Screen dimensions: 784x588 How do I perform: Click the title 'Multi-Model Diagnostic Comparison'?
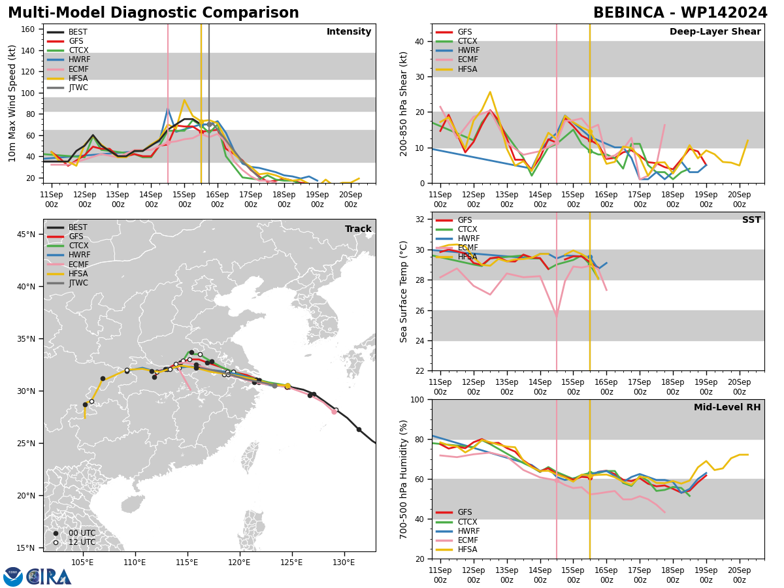[154, 13]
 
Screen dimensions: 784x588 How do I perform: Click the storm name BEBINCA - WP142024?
[680, 13]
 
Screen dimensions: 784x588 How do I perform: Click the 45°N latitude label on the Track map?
[26, 235]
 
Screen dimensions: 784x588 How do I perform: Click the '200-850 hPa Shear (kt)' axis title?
[403, 105]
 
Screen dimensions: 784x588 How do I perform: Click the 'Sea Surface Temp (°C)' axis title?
[403, 291]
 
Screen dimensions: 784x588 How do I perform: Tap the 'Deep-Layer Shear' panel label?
[715, 31]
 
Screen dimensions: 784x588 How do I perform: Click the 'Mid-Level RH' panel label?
[727, 407]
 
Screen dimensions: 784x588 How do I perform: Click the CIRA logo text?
[48, 577]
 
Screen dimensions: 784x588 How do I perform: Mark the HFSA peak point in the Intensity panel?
[184, 100]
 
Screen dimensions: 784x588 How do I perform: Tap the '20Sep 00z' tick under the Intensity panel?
[350, 199]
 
